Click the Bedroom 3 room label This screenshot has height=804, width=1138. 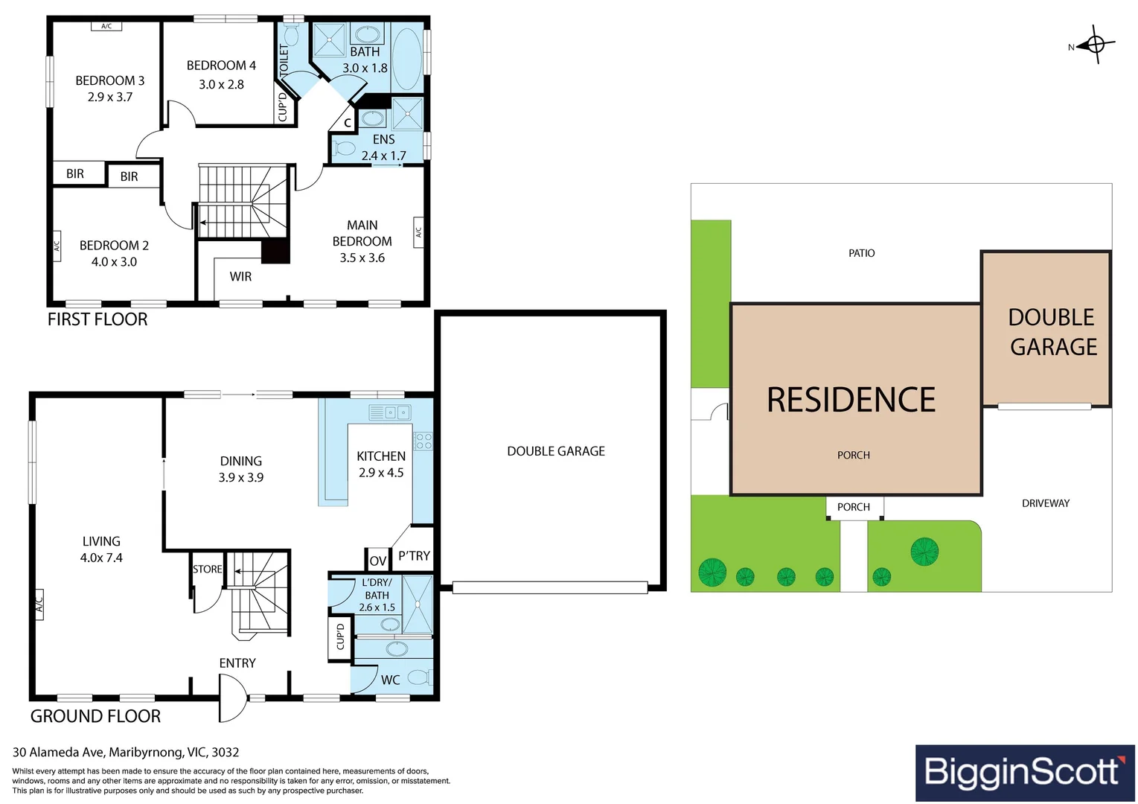[x=109, y=80]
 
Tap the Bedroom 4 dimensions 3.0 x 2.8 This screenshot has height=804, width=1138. [x=221, y=85]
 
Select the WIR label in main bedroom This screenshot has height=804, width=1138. [x=240, y=277]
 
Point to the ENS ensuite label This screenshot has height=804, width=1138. [x=383, y=139]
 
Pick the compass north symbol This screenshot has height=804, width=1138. [x=1095, y=45]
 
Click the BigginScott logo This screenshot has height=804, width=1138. [x=1024, y=772]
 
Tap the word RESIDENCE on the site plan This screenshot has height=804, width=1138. [x=851, y=400]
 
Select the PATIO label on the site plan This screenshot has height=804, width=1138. [x=861, y=253]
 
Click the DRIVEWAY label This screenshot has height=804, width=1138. [x=1045, y=503]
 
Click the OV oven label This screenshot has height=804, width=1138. [x=378, y=561]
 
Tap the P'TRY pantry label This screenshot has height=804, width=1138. [x=414, y=555]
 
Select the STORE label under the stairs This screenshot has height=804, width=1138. [x=207, y=569]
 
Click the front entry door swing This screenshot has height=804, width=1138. [x=233, y=698]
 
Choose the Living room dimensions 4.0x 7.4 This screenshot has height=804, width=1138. [x=101, y=558]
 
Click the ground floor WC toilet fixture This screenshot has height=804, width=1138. [x=418, y=677]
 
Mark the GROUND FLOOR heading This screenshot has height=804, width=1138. [x=95, y=716]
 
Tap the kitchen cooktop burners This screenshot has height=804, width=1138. [x=423, y=441]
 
